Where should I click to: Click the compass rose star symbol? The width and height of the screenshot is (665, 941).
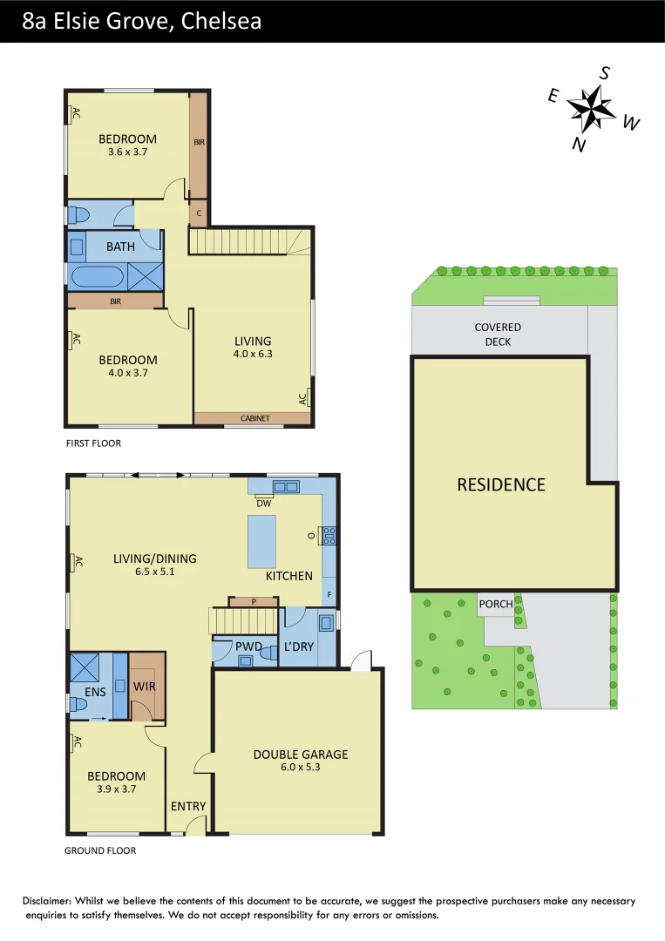click(x=593, y=108)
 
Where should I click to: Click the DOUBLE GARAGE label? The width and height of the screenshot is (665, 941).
click(x=301, y=754)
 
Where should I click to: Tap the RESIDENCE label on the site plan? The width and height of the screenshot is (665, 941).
click(x=501, y=485)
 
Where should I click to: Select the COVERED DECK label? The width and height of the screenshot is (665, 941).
click(x=498, y=335)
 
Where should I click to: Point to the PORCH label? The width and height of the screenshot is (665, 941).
click(x=496, y=604)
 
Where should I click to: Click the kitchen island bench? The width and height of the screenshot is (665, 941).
click(x=262, y=541)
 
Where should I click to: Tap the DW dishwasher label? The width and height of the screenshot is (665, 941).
click(x=263, y=503)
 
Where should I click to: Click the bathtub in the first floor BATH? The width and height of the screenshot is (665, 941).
click(x=97, y=277)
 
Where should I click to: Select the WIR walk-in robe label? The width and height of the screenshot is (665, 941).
click(x=144, y=687)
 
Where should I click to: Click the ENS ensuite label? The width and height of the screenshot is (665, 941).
click(x=96, y=693)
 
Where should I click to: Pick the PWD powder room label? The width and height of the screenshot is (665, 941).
click(x=248, y=646)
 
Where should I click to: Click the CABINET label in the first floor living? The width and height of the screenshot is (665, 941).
click(x=254, y=418)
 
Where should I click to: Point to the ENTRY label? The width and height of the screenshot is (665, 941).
click(x=188, y=806)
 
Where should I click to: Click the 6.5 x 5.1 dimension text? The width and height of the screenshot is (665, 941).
click(x=155, y=572)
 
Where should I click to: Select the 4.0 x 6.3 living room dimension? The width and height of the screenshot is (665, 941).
click(x=253, y=354)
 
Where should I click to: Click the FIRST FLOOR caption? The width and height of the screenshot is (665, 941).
click(x=93, y=443)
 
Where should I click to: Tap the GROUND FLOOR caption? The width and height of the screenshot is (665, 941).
click(x=100, y=850)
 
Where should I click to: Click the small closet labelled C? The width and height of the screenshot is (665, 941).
click(x=199, y=213)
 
